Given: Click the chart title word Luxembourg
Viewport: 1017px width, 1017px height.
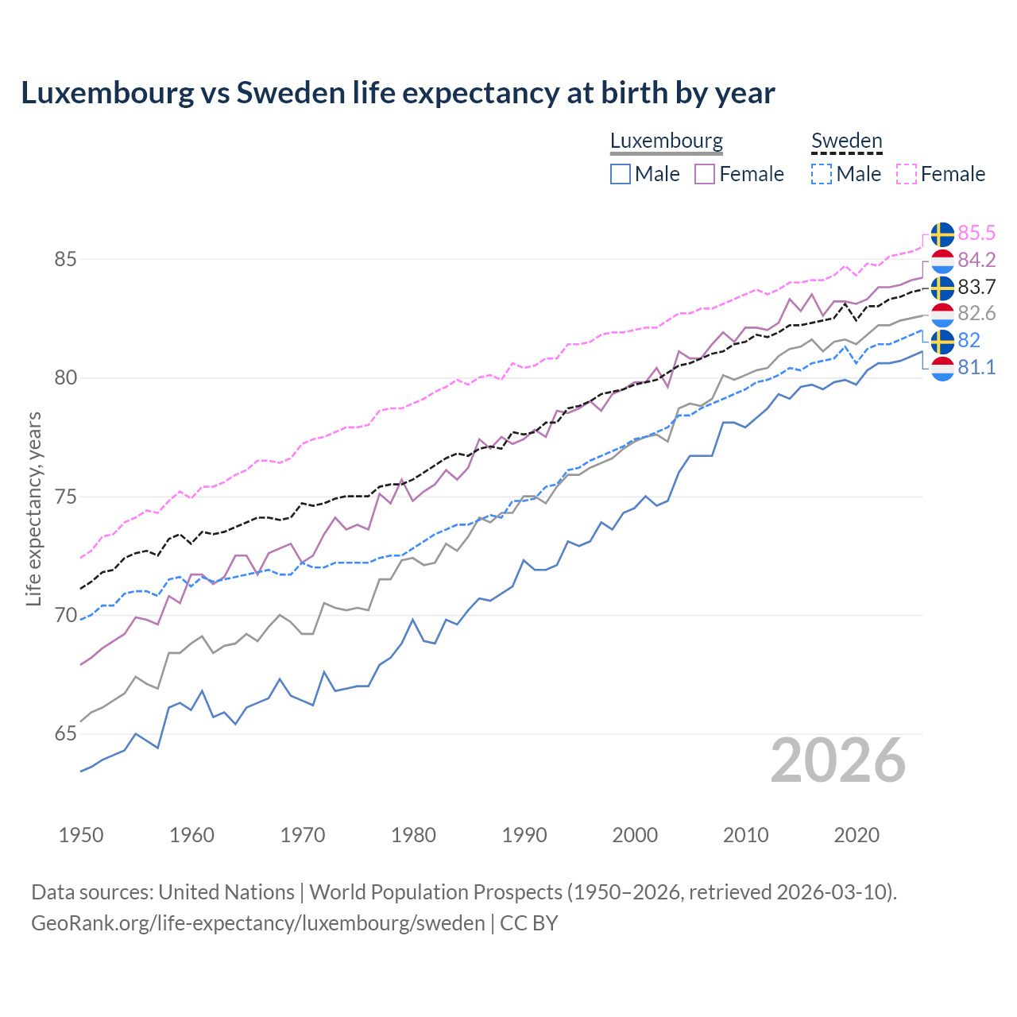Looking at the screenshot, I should tap(107, 93).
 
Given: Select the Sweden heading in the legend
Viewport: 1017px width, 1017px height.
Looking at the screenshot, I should tap(846, 141).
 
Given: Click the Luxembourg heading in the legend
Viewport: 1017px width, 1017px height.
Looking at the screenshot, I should tap(666, 141).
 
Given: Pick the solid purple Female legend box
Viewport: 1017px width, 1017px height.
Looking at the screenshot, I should tap(705, 174).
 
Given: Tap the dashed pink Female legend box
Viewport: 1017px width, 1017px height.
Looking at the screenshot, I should tap(906, 174).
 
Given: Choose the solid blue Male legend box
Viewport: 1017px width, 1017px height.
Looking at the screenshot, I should tap(621, 174).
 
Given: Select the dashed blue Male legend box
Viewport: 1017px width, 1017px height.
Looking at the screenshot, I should tap(822, 174).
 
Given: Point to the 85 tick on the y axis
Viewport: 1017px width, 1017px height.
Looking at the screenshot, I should tap(66, 260).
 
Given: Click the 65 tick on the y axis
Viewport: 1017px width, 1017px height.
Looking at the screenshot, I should tap(66, 734).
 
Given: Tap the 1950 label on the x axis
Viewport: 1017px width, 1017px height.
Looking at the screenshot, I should tap(81, 835).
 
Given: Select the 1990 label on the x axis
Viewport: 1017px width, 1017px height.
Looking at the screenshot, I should tap(524, 835).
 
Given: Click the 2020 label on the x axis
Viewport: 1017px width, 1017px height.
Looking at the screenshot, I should tap(857, 835).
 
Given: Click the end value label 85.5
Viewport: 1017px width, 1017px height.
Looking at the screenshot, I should tap(976, 233).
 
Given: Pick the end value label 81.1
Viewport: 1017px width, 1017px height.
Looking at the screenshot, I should tap(976, 367).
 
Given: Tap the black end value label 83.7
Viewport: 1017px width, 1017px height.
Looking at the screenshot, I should tap(976, 287).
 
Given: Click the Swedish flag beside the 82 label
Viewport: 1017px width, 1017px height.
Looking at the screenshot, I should tap(942, 342).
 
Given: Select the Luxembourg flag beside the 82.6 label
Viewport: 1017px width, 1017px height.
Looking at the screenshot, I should tap(942, 315).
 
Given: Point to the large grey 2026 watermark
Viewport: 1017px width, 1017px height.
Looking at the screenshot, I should tap(837, 760).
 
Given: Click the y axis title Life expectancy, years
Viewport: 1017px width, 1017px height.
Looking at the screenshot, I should tap(34, 508).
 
